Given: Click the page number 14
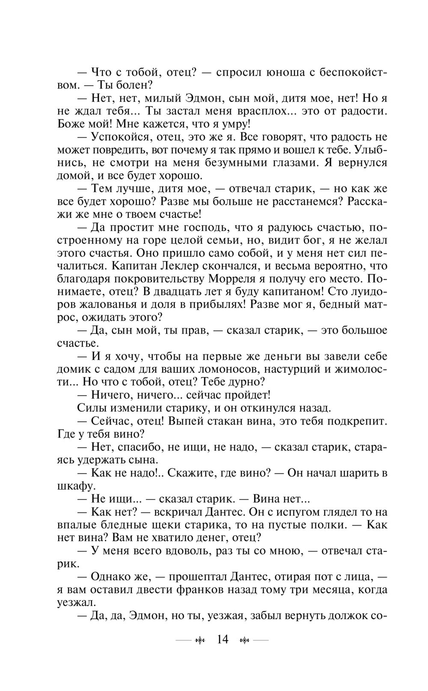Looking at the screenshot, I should click(223, 640).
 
